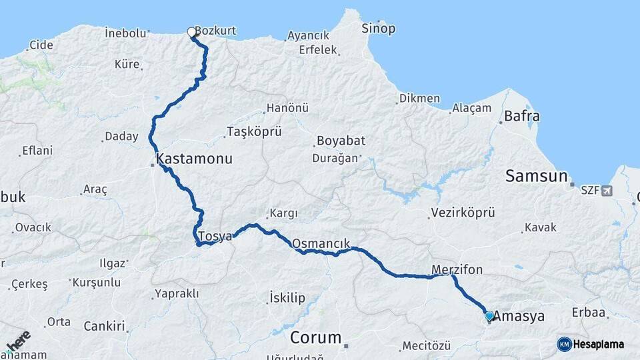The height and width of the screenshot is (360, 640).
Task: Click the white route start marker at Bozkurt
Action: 192,32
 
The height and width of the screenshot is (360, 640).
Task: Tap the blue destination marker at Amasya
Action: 489,316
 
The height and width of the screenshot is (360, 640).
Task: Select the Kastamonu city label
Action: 194,159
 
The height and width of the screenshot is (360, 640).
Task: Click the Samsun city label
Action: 536,176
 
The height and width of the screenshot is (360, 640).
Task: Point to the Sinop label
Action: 378,28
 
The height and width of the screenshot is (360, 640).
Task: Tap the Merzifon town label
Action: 457,269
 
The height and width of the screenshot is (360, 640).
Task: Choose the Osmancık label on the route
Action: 321,243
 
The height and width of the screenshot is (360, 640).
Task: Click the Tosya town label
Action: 215,236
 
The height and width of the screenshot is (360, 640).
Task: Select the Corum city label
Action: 315,337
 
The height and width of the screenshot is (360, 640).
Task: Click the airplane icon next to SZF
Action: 607,191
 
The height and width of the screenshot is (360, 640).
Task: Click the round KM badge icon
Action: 564,345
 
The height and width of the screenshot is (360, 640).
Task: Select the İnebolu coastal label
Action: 125,33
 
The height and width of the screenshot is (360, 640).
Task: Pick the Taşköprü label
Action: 254,131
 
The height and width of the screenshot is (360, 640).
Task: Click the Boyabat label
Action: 341,141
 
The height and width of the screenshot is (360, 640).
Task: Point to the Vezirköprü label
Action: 463,213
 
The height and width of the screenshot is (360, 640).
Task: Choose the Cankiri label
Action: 104,326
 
